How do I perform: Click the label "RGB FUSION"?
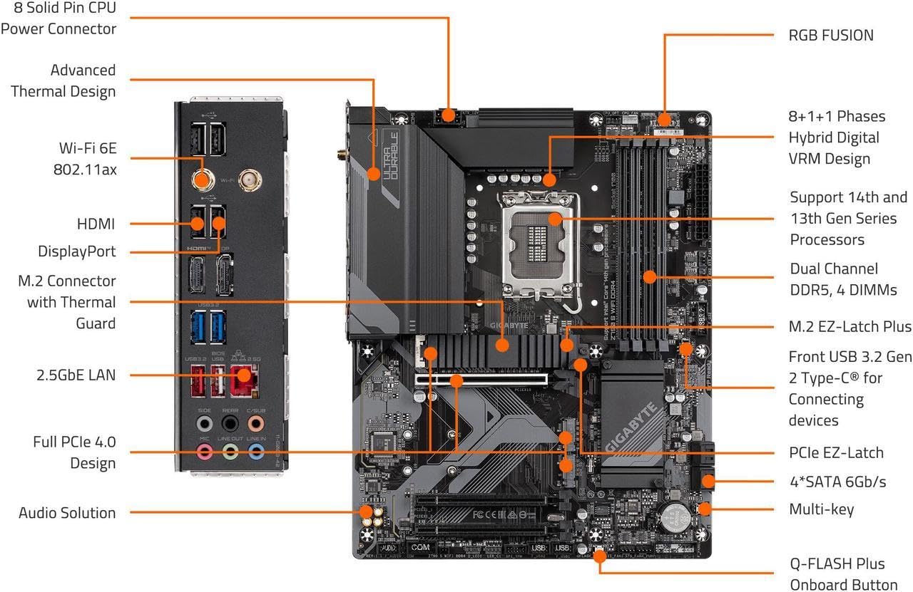click(x=831, y=35)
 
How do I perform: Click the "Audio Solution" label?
click(x=67, y=513)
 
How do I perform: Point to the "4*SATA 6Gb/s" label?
click(x=837, y=482)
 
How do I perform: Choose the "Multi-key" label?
click(x=821, y=509)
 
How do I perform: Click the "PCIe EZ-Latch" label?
click(x=836, y=452)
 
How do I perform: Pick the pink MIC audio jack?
click(x=205, y=450)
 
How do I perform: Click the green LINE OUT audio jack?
click(x=230, y=450)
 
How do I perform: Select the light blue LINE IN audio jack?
click(x=255, y=450)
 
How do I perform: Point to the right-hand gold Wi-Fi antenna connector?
click(x=249, y=180)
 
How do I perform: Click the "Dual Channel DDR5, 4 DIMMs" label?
click(x=843, y=279)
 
